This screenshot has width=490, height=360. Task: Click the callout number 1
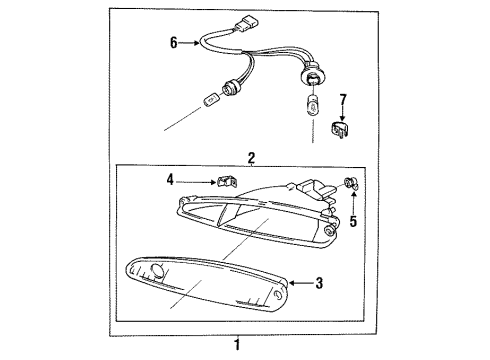point(237,345)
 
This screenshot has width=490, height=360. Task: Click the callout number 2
point(251,157)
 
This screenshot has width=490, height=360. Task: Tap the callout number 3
point(319,283)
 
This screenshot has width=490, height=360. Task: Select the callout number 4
point(170,180)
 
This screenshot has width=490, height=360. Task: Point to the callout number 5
point(353,221)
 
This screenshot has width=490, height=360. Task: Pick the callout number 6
point(174,43)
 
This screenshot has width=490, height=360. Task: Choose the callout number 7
point(343,99)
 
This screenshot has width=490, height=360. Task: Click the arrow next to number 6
point(189,43)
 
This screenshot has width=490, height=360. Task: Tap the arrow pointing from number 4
point(197,182)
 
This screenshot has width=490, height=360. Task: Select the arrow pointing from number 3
point(301,283)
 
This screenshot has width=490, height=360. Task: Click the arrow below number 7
point(342,113)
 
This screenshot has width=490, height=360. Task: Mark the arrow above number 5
point(353,203)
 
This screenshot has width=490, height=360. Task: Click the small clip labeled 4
point(228,181)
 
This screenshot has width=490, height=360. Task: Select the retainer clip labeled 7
point(340,129)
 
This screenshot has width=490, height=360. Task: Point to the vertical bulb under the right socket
point(313,105)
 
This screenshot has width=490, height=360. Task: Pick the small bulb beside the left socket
point(210,100)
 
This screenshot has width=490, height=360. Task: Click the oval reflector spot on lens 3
point(158,270)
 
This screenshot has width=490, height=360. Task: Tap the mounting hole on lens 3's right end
point(278,295)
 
